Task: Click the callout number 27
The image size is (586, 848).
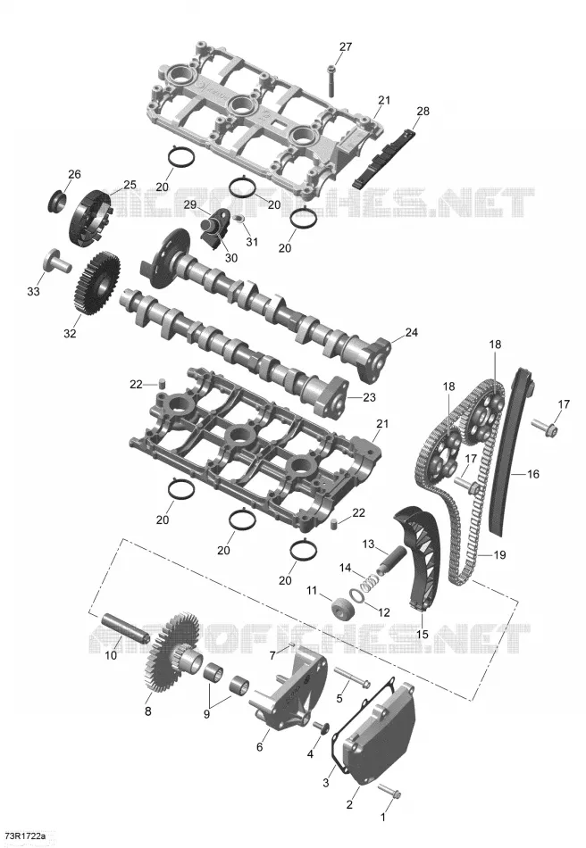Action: (x=346, y=47)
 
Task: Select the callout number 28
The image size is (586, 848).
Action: (x=423, y=111)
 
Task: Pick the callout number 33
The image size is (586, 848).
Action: (x=34, y=292)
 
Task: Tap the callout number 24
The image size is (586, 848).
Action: (x=411, y=332)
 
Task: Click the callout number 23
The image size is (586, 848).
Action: (x=369, y=397)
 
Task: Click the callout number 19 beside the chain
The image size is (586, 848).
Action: (x=499, y=555)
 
